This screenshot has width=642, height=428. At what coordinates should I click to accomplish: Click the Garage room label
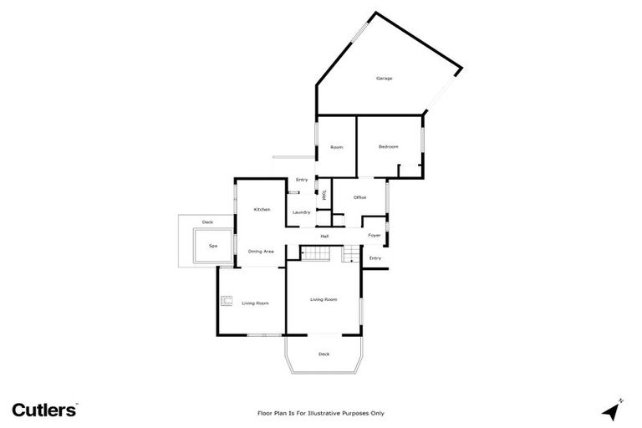[x=384, y=79]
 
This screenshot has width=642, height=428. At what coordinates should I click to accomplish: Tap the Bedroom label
[x=389, y=147]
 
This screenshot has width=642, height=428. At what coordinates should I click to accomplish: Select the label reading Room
[x=337, y=147]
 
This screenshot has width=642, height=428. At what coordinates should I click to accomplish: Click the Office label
[x=360, y=197]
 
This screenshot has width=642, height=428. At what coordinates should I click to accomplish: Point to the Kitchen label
[x=262, y=209]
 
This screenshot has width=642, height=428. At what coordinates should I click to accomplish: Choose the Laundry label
[x=302, y=212]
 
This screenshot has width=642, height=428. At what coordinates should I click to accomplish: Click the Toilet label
[x=324, y=195]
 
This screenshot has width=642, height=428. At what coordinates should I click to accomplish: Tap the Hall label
[x=324, y=236]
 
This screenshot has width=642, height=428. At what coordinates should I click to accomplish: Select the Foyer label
[x=374, y=236]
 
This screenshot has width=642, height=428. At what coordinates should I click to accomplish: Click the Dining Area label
[x=261, y=251]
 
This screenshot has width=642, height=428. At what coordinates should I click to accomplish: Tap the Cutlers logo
[x=45, y=410]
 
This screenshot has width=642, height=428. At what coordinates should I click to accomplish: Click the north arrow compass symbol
[x=613, y=410]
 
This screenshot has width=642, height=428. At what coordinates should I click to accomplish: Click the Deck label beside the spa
[x=207, y=222]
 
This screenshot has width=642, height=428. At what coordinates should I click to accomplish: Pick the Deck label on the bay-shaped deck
[x=324, y=354]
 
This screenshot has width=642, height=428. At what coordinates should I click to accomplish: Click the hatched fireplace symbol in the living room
[x=227, y=299]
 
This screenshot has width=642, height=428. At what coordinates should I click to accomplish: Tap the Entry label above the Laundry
[x=302, y=180]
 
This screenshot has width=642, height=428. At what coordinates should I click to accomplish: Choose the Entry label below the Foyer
[x=375, y=258]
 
